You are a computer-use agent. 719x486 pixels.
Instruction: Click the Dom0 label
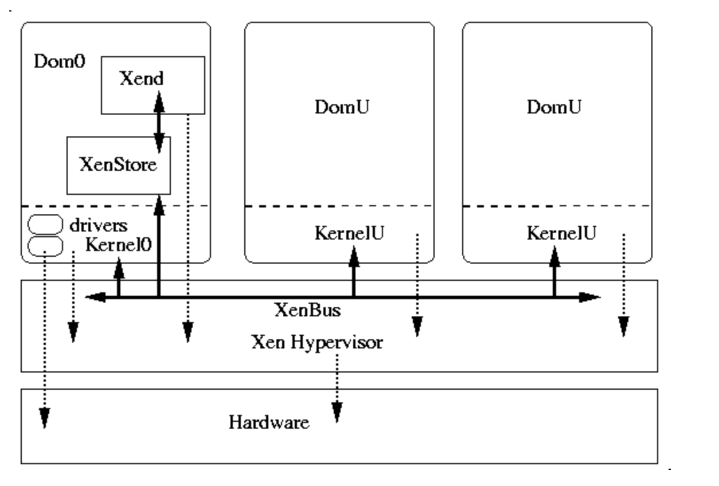click(60, 61)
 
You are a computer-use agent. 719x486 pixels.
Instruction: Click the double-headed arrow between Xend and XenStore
click(159, 122)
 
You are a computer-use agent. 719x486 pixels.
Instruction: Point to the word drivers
click(99, 225)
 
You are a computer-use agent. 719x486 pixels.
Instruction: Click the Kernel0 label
click(119, 245)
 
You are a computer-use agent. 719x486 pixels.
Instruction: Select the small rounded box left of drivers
click(45, 224)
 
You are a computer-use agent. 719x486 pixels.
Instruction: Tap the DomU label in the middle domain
click(342, 107)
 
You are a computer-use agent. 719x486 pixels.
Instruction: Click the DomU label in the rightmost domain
click(554, 107)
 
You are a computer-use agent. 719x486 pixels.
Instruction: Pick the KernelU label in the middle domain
click(350, 233)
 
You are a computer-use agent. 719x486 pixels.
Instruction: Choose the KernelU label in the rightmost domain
click(562, 233)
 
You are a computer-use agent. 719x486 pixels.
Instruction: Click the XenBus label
click(308, 310)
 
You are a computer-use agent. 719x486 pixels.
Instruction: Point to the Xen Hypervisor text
click(317, 342)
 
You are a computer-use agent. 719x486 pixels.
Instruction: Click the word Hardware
click(269, 422)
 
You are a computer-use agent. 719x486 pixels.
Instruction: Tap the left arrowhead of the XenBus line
click(95, 297)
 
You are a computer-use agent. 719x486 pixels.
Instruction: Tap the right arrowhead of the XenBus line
click(590, 297)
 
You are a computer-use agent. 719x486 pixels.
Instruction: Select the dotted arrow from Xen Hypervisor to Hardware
click(337, 388)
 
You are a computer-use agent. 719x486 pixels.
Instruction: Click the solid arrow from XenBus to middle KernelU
click(354, 272)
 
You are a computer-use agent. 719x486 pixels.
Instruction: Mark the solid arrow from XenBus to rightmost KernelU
click(554, 272)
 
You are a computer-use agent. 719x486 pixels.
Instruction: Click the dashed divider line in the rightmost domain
click(557, 206)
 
